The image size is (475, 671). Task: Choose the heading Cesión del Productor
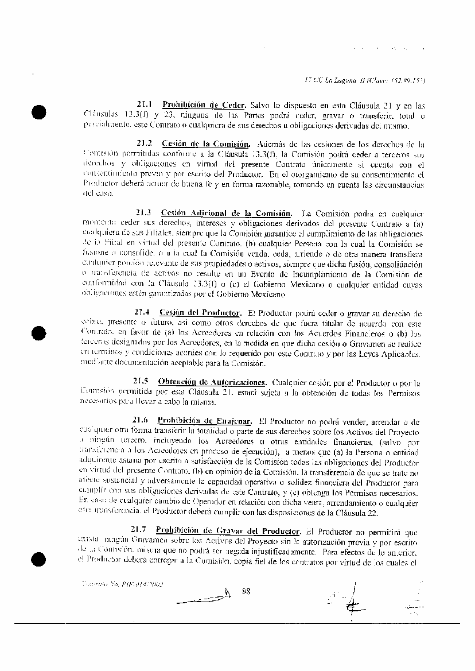(199, 313)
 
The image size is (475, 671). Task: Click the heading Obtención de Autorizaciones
(212, 382)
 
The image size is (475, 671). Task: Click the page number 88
(247, 591)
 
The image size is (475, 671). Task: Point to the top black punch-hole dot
(40, 112)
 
